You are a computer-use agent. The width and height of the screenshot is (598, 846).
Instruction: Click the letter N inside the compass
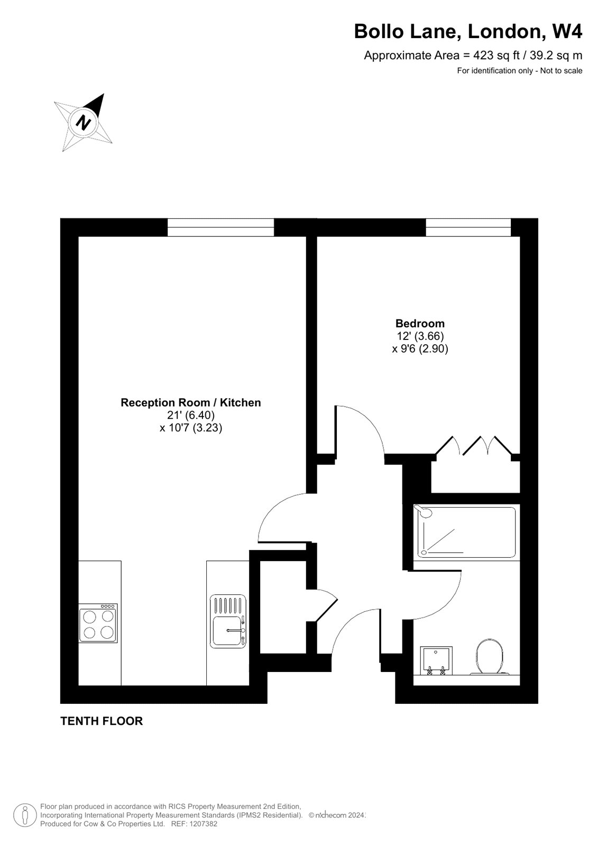tap(84, 122)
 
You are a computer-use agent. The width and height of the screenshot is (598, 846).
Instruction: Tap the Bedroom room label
tap(420, 323)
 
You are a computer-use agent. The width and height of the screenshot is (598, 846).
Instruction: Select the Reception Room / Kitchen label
tap(191, 402)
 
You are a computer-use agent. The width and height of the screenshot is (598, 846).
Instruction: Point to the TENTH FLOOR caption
tap(102, 721)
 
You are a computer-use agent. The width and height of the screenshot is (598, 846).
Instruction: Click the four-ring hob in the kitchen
tap(98, 623)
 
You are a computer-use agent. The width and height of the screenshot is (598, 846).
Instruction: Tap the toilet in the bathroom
tap(490, 657)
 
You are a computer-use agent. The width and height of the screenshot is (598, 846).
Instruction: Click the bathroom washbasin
tap(436, 660)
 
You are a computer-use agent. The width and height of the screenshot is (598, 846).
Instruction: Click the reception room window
tap(220, 227)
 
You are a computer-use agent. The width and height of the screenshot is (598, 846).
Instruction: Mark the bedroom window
tap(468, 227)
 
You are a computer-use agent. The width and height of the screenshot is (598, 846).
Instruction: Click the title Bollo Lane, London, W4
tap(468, 31)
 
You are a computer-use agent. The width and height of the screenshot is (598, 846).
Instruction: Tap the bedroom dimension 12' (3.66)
tap(420, 336)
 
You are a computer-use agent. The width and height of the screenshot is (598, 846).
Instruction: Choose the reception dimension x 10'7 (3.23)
tap(191, 428)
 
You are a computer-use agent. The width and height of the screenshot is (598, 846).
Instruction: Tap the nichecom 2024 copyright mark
tap(337, 815)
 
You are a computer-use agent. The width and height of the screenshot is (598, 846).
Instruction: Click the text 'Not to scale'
tap(562, 71)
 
